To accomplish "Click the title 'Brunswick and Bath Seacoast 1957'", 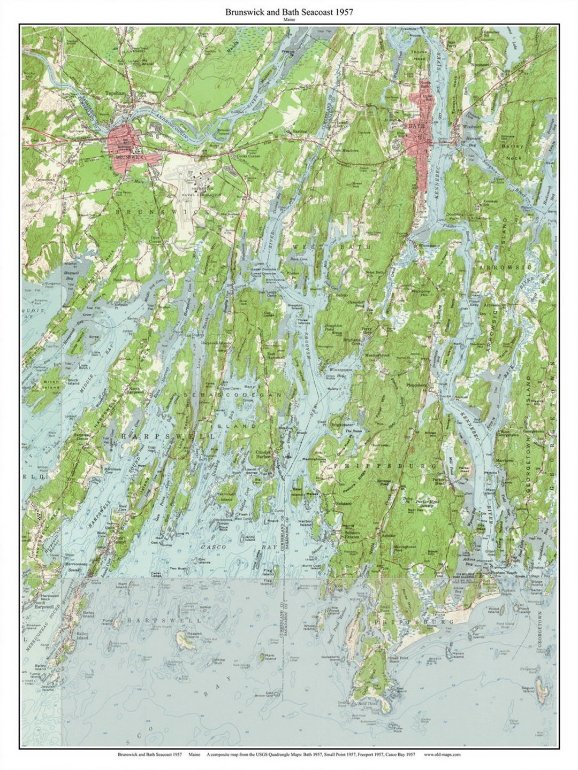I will (x=289, y=11).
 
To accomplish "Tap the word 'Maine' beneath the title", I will (x=289, y=20).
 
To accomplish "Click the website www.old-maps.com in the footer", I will (x=442, y=754).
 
